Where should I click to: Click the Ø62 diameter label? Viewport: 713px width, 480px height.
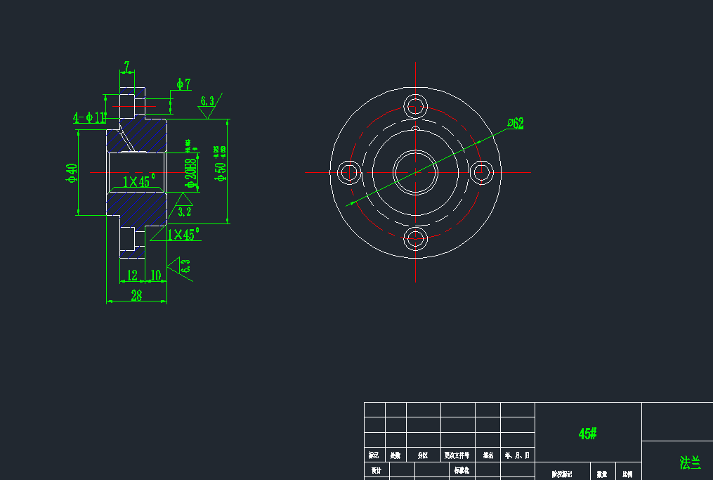coord(516,124)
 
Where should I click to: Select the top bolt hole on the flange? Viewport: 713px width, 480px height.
coord(415,107)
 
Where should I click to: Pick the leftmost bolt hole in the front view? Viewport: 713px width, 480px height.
coord(348,172)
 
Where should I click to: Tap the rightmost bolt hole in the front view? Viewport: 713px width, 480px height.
coord(482,172)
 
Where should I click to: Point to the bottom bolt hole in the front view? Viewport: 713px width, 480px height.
coord(415,239)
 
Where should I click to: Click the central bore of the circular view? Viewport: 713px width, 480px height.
coord(415,172)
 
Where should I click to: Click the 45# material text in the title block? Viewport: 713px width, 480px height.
coord(587,434)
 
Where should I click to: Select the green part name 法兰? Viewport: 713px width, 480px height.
coord(689,462)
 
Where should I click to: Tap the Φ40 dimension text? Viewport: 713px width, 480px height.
coord(70,172)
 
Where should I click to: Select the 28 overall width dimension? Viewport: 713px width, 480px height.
coord(136,296)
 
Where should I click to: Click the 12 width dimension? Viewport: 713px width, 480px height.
coord(131,275)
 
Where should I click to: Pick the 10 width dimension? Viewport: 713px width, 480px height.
coord(156,275)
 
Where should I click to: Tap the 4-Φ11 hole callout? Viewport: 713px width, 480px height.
coord(90,117)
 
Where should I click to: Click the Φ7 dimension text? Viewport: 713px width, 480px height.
coord(183,84)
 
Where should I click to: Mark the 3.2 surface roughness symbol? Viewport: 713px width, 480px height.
coord(184,209)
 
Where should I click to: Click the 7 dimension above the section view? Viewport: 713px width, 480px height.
coord(126,67)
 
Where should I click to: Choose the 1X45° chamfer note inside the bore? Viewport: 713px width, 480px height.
coord(138,182)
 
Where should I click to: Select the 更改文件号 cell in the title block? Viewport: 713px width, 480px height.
coord(457,455)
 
